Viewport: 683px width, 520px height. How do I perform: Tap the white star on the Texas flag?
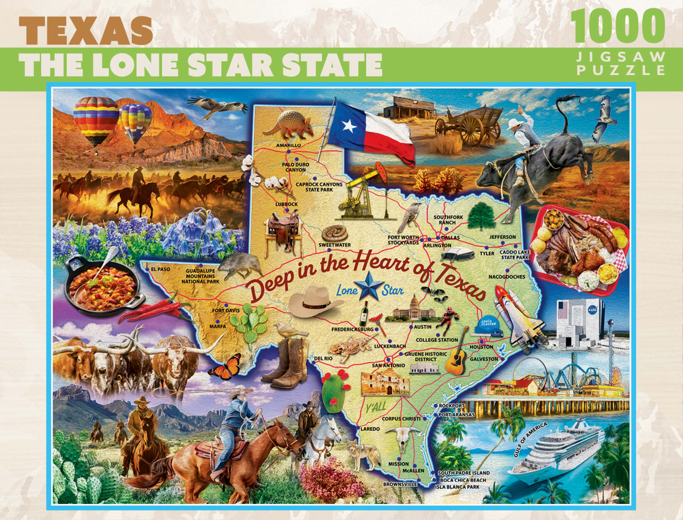tap(349, 125)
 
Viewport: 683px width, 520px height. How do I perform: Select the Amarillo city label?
tap(288, 145)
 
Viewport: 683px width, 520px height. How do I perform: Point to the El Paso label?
tap(160, 269)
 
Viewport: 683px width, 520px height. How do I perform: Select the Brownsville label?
tap(400, 484)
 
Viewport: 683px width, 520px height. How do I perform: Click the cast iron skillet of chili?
tap(101, 285)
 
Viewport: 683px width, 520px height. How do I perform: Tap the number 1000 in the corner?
tap(617, 26)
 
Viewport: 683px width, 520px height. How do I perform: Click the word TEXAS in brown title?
tap(86, 31)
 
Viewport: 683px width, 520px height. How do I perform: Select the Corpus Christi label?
tap(401, 419)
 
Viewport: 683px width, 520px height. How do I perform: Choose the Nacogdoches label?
tap(507, 277)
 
